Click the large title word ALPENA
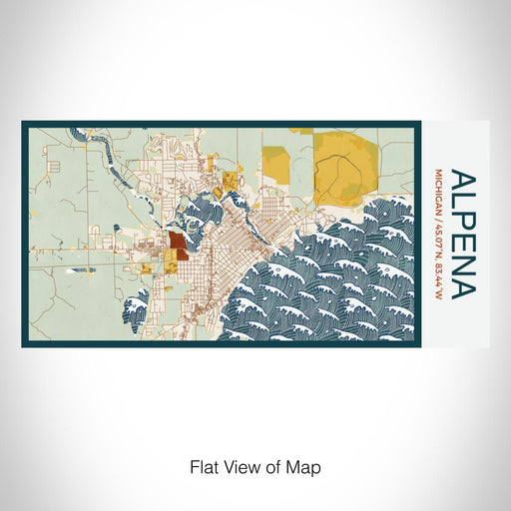463,234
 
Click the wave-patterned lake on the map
339,279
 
